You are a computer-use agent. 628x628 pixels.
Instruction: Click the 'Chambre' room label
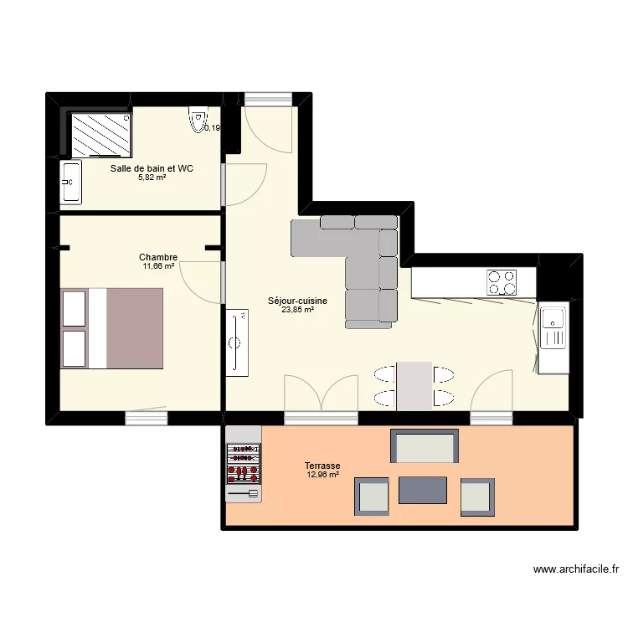coord(158,257)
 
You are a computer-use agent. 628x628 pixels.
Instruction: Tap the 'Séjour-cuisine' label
coord(297,301)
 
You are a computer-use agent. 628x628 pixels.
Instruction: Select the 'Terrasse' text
coord(322,466)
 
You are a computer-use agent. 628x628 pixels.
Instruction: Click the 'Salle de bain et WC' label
coord(152,168)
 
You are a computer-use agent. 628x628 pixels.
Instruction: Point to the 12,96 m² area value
coord(322,475)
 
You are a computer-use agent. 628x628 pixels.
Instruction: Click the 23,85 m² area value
coord(297,310)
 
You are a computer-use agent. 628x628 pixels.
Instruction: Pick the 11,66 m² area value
coord(158,266)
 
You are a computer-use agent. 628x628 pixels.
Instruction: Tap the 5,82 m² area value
coord(152,178)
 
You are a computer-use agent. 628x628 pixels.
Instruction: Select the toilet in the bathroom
coord(198,119)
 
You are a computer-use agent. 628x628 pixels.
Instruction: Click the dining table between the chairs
coord(414,385)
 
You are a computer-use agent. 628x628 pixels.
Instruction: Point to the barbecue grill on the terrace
coord(244,465)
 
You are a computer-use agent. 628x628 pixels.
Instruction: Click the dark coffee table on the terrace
coord(422,489)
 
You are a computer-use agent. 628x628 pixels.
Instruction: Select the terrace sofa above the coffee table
coord(425,447)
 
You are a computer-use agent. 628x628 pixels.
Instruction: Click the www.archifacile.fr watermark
coord(576,569)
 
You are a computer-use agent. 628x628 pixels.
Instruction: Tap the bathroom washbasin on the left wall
coord(69,182)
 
